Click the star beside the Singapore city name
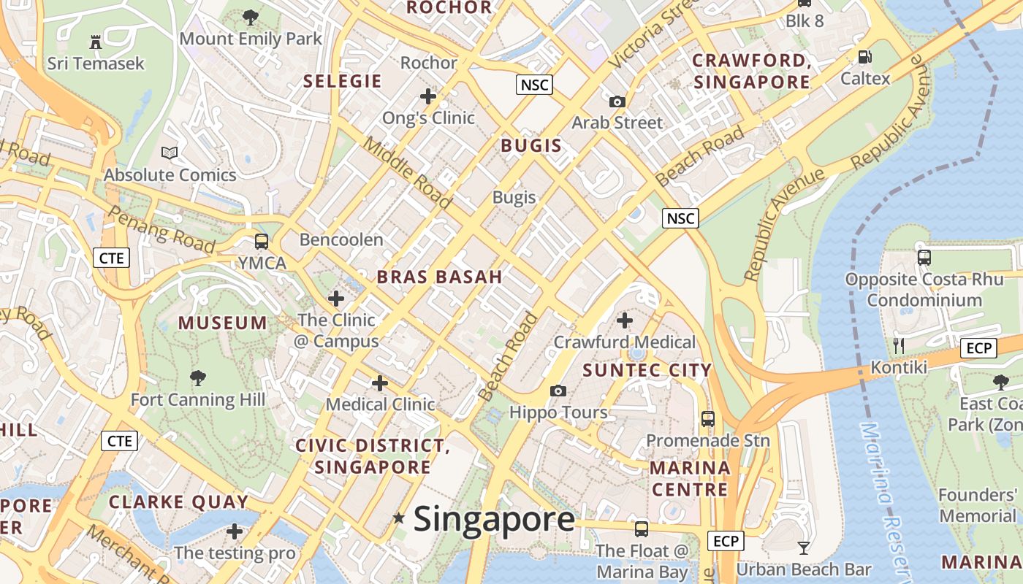[x=398, y=518]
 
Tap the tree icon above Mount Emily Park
[x=251, y=17]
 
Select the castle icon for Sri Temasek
[x=96, y=42]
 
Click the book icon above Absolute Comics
[x=170, y=153]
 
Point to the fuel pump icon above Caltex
[x=864, y=56]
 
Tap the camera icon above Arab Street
[x=617, y=101]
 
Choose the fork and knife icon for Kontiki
[x=899, y=345]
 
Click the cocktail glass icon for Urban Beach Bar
[x=804, y=547]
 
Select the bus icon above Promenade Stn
[x=707, y=419]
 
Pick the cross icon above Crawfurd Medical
[x=625, y=320]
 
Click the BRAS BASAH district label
[x=439, y=277]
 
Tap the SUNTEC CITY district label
[x=647, y=370]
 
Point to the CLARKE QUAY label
[x=178, y=502]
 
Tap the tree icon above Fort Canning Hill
[x=197, y=377]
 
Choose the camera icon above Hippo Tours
[x=558, y=391]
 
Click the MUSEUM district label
[x=223, y=323]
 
